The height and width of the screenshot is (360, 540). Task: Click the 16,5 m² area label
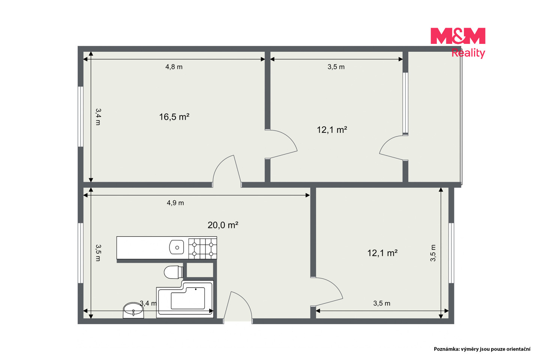(174, 117)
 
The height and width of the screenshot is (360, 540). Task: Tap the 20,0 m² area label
(223, 225)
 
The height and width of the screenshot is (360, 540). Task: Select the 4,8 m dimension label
(174, 67)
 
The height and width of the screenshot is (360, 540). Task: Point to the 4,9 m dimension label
(175, 203)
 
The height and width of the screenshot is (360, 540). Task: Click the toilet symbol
(174, 272)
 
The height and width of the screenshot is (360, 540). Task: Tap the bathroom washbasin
(133, 310)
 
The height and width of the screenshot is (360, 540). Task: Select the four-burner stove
(202, 249)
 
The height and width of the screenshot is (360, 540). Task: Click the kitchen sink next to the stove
(177, 247)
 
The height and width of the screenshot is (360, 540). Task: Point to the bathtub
(185, 299)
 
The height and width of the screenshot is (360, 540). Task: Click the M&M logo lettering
(458, 36)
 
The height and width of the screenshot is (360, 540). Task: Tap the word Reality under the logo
(468, 53)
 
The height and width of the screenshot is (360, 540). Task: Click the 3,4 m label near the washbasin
(148, 303)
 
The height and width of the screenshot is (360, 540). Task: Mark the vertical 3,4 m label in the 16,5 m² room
(98, 117)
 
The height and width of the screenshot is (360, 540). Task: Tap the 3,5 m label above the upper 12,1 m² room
(336, 67)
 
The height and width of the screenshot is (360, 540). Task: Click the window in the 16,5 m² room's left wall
(81, 117)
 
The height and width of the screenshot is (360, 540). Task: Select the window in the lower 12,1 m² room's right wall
(451, 253)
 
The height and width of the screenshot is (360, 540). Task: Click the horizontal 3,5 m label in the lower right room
(382, 303)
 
